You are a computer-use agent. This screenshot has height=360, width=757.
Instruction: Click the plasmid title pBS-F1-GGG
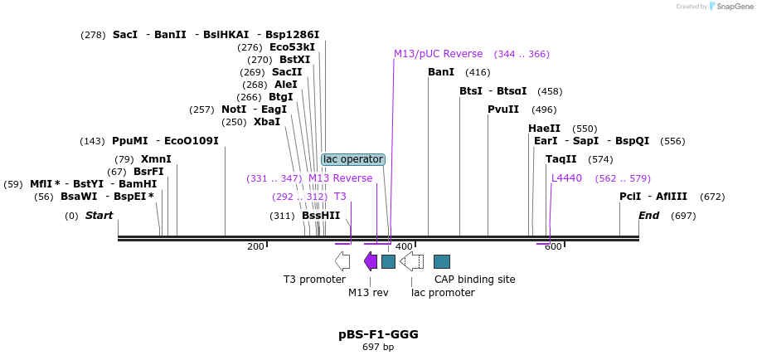pyautogui.click(x=378, y=334)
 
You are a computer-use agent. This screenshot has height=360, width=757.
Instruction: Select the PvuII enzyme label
pyautogui.click(x=503, y=109)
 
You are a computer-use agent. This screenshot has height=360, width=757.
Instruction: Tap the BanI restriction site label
pyautogui.click(x=441, y=72)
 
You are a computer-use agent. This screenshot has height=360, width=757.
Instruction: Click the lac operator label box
pyautogui.click(x=353, y=158)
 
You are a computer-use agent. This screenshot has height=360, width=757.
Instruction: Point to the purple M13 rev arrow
pyautogui.click(x=371, y=261)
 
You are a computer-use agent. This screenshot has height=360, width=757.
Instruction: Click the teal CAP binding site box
pyautogui.click(x=442, y=261)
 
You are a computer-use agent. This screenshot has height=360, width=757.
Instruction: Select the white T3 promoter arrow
pyautogui.click(x=342, y=261)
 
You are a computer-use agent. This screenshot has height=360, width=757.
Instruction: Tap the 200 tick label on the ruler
pyautogui.click(x=255, y=246)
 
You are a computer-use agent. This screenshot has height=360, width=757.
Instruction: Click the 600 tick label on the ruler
pyautogui.click(x=553, y=246)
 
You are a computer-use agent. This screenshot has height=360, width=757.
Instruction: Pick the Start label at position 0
pyautogui.click(x=99, y=216)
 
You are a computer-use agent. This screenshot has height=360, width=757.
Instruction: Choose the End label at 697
pyautogui.click(x=648, y=216)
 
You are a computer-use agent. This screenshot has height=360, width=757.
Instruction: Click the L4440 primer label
pyautogui.click(x=567, y=178)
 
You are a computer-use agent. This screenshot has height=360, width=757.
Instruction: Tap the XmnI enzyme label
pyautogui.click(x=156, y=159)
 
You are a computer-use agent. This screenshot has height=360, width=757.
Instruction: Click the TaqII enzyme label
pyautogui.click(x=561, y=159)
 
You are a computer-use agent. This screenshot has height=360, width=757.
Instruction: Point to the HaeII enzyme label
pyautogui.click(x=544, y=129)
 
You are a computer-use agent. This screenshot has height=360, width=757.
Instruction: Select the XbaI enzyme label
pyautogui.click(x=267, y=122)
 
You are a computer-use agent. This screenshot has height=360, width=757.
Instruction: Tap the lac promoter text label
pyautogui.click(x=443, y=292)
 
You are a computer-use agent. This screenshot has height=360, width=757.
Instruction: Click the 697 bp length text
pyautogui.click(x=378, y=347)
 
